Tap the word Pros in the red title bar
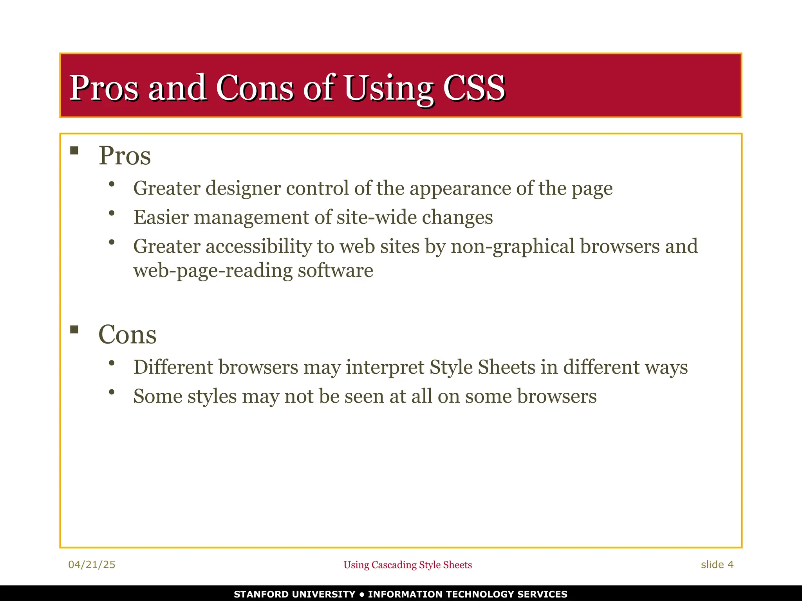pyautogui.click(x=104, y=88)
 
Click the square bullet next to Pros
pyautogui.click(x=74, y=151)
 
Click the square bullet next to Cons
pyautogui.click(x=74, y=329)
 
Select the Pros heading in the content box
pyautogui.click(x=125, y=156)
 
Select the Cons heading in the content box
pyautogui.click(x=127, y=335)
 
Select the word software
pyautogui.click(x=335, y=271)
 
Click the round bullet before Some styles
pyautogui.click(x=112, y=392)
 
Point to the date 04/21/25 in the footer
pyautogui.click(x=92, y=565)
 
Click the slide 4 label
pyautogui.click(x=717, y=565)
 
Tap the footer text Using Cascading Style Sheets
pyautogui.click(x=408, y=565)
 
